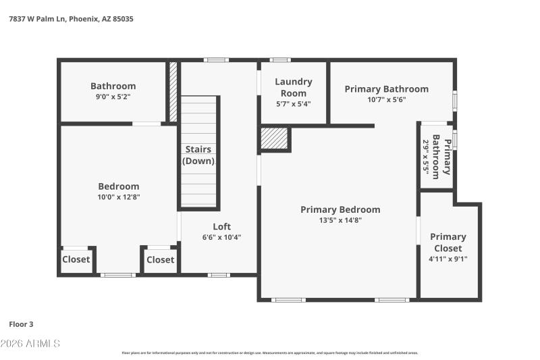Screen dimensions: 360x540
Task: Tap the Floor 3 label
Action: click(22, 324)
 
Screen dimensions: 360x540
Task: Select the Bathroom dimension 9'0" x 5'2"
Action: click(113, 97)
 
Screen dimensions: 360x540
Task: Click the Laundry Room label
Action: click(293, 87)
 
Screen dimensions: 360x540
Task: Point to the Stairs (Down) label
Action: click(198, 155)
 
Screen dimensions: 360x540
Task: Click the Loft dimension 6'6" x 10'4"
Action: click(221, 237)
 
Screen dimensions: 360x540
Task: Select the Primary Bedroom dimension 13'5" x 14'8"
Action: click(340, 220)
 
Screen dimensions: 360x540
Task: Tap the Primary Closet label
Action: click(448, 242)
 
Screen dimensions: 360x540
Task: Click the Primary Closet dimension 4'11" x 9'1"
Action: click(448, 258)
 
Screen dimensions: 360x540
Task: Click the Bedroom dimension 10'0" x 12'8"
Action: click(119, 197)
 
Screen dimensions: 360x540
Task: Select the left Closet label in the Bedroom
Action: click(76, 259)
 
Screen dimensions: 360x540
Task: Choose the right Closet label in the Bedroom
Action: click(160, 259)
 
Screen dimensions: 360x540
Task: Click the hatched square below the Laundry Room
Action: click(275, 138)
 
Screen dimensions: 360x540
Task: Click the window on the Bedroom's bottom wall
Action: click(118, 274)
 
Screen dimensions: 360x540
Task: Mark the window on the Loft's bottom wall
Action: click(219, 274)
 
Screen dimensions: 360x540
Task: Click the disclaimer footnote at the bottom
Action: click(270, 353)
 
